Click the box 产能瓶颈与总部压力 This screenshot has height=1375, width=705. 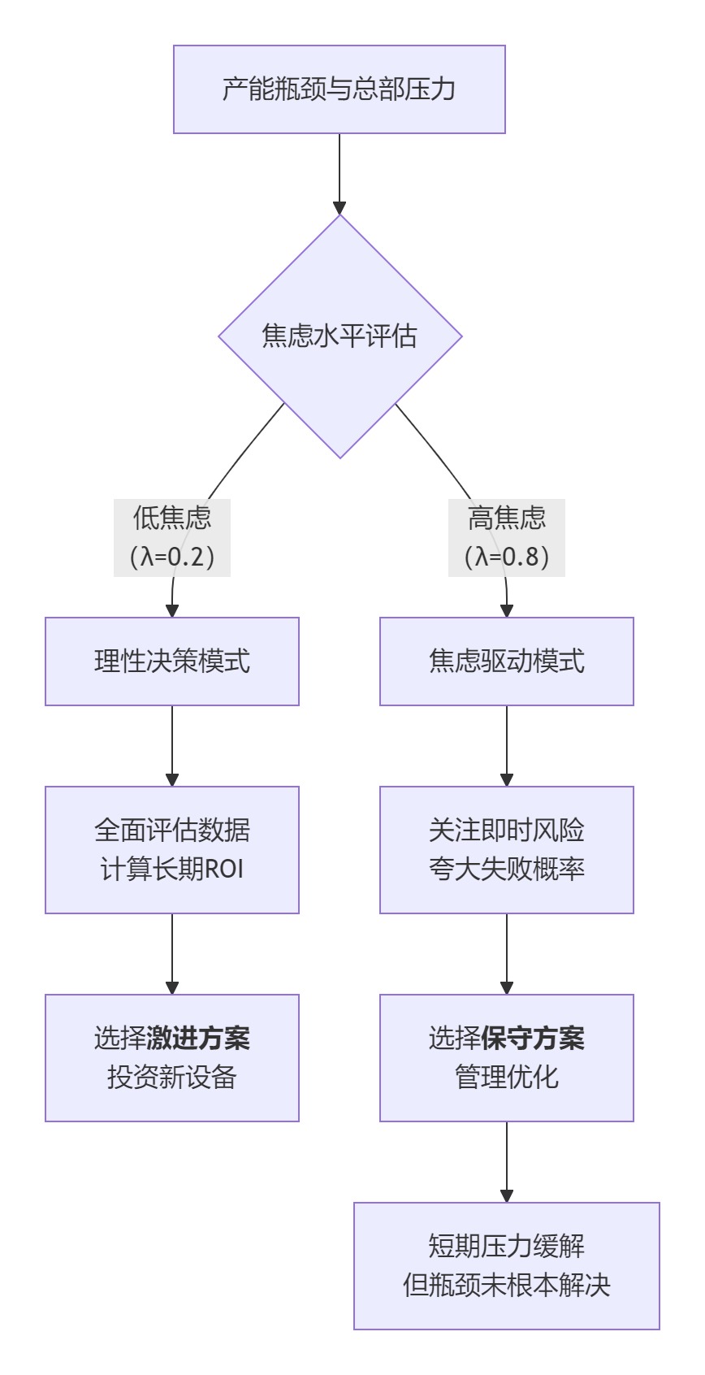pos(340,89)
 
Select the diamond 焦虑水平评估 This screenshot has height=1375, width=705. pos(340,336)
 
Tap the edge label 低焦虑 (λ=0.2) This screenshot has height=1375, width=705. pos(172,537)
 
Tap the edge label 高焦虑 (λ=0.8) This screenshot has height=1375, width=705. pos(507,537)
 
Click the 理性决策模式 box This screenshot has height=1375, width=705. pos(172,661)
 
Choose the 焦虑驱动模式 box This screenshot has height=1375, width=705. pos(507,661)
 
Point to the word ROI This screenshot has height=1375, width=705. pos(223,870)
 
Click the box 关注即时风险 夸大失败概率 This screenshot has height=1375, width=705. pos(507,850)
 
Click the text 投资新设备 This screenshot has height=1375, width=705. pos(172,1078)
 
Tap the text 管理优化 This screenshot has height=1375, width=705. pos(507,1078)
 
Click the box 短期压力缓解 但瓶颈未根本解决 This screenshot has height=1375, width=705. pos(507,1266)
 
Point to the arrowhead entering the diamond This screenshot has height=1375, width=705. pos(340,207)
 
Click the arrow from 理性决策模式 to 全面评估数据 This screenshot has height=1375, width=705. pos(172,746)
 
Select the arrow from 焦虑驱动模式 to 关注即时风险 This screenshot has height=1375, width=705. pos(507,746)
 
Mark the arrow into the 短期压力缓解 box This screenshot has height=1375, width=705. pos(507,1162)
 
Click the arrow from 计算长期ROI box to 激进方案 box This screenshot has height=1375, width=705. pos(172,954)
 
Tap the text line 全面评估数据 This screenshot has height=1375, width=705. pos(172,831)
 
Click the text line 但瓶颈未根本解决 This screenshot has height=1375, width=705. pos(507,1286)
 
